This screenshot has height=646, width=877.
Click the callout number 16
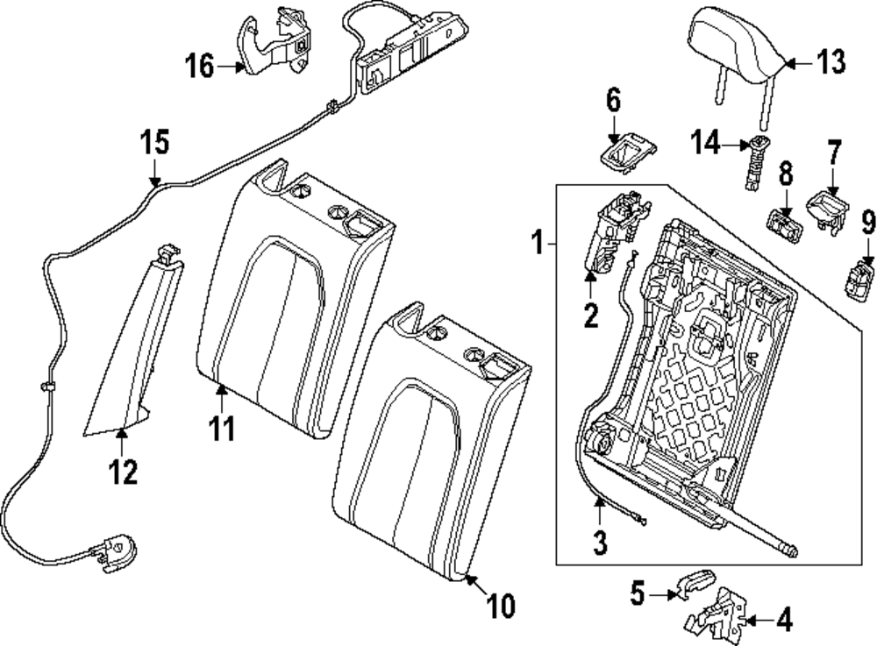[200, 66]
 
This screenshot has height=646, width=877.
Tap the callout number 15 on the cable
[154, 143]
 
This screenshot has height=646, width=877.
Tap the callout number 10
[500, 606]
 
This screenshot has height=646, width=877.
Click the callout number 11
[224, 429]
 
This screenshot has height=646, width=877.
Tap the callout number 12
[124, 472]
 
